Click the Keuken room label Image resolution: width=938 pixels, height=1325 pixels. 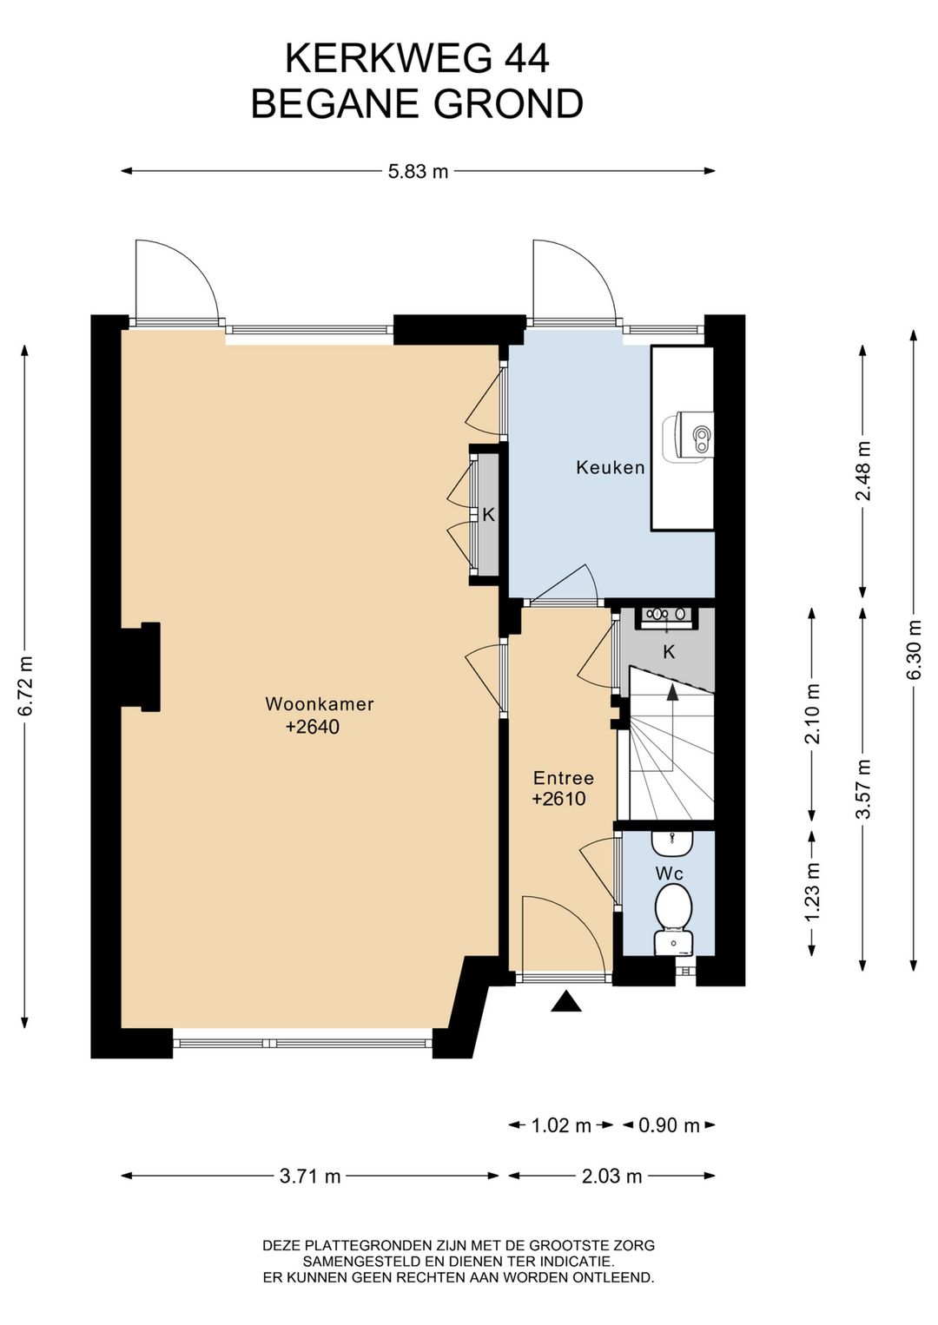(611, 468)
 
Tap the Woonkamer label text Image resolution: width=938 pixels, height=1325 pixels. (320, 704)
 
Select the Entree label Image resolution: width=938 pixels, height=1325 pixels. (564, 777)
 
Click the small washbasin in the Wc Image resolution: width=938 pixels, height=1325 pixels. (672, 843)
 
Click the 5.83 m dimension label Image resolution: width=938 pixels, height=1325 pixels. (418, 172)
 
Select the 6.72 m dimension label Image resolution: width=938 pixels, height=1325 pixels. (25, 686)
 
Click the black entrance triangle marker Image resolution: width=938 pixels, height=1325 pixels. (566, 1001)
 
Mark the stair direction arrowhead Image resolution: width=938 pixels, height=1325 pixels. (672, 693)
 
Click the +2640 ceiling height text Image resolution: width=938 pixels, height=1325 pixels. (313, 727)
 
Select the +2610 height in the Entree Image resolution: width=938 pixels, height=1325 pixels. (558, 799)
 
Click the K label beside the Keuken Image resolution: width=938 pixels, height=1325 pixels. (488, 515)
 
